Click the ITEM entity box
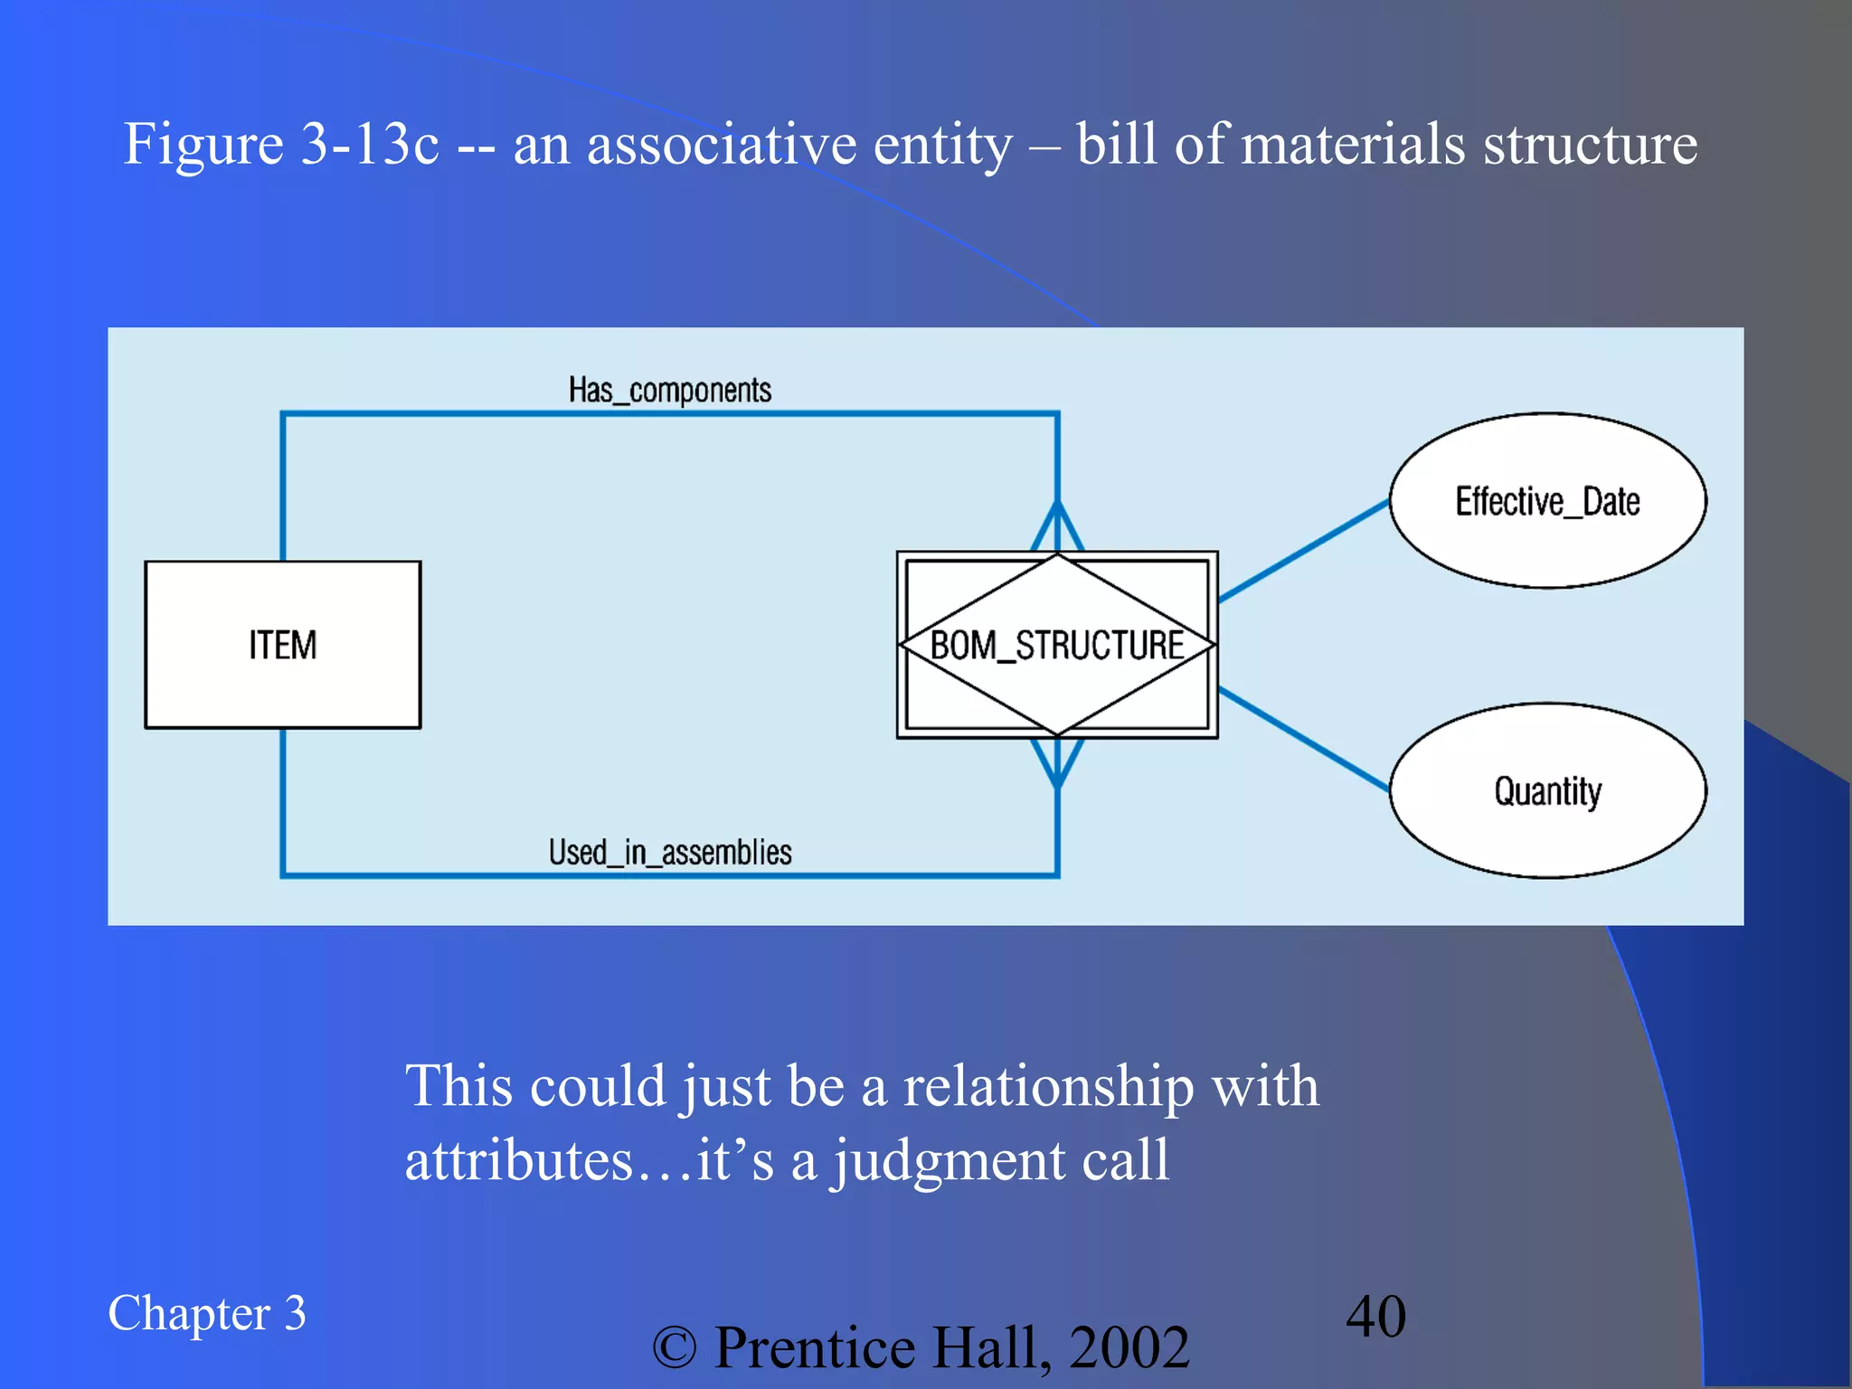(282, 644)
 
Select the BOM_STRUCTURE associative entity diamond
(1056, 645)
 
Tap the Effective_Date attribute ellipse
(1547, 501)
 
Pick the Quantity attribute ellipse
(1547, 790)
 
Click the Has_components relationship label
(669, 391)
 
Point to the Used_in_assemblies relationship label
(669, 852)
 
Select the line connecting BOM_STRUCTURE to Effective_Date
(1303, 551)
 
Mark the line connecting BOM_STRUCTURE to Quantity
(1303, 739)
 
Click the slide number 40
(1375, 1316)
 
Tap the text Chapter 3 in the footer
(206, 1313)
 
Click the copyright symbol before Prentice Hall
(675, 1347)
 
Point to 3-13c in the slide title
(370, 145)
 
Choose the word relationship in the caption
(1048, 1086)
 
